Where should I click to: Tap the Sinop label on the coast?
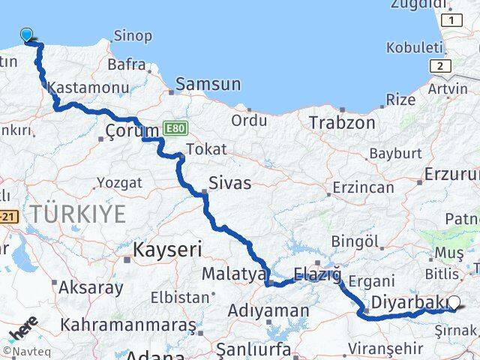133,35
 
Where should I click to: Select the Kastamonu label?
78,88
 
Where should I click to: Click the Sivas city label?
230,182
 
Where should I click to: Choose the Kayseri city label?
167,248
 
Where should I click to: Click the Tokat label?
205,149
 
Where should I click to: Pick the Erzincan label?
364,187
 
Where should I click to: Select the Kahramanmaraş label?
129,325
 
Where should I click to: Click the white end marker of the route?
454,303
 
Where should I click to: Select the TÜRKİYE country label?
79,214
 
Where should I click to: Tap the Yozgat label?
118,182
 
